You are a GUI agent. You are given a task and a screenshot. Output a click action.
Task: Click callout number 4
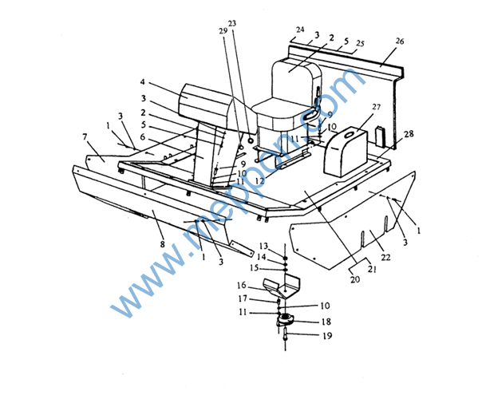coord(143,81)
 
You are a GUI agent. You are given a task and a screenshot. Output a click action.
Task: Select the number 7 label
coord(85,136)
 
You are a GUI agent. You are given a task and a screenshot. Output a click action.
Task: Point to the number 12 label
coord(259,180)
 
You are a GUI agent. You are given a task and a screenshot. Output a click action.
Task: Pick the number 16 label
coord(263,285)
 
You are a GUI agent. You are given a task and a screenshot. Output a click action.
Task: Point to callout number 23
coord(232,23)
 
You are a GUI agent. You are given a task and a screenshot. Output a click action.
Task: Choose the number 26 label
coord(400,41)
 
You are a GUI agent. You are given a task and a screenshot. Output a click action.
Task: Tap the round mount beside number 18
coord(286,320)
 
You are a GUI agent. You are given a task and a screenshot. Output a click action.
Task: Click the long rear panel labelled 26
coord(351,64)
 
